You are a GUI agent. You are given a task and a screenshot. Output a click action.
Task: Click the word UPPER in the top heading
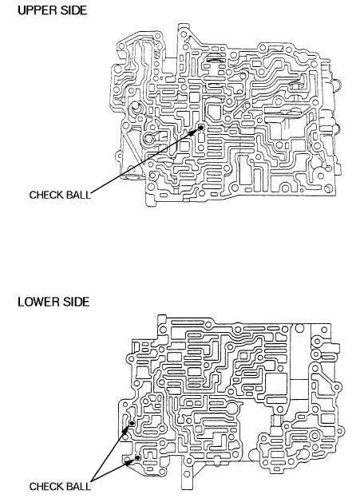38,10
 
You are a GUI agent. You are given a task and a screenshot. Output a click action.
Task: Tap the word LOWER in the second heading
39,302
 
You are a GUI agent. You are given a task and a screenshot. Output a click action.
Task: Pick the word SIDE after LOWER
77,302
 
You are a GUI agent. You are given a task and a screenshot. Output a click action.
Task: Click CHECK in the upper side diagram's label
46,195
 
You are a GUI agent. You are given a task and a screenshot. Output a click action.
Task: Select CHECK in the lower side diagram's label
46,486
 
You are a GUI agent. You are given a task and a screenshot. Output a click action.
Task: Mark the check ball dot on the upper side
201,128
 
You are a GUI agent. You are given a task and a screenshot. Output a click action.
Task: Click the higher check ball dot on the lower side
132,424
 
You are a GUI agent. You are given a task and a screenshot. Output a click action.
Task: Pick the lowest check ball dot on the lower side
138,457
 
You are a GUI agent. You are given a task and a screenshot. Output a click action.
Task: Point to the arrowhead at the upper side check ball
195,132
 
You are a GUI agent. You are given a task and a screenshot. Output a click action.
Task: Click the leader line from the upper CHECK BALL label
144,161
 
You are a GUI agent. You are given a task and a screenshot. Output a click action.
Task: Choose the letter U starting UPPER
22,10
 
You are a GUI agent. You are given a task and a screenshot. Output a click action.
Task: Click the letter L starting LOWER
21,302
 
